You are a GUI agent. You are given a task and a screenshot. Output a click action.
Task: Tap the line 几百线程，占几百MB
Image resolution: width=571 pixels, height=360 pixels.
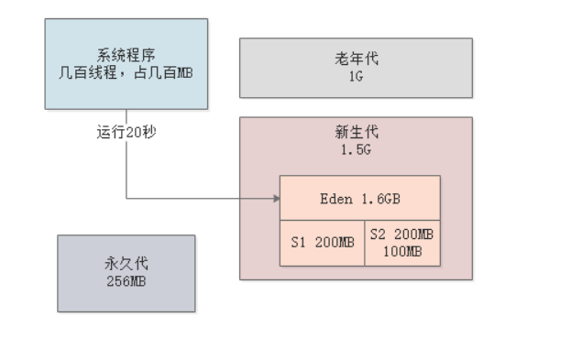coord(126,72)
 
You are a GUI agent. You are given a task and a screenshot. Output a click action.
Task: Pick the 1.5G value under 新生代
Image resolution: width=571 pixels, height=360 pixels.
coord(356,148)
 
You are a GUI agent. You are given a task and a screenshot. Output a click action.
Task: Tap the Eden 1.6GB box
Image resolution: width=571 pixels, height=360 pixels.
coord(360,198)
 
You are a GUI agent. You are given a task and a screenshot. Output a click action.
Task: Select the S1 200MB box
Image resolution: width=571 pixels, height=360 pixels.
coord(322,243)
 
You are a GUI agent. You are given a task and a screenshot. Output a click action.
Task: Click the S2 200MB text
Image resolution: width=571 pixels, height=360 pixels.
coord(402,235)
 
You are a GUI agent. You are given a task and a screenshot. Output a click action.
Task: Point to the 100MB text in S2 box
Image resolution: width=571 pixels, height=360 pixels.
coord(402,250)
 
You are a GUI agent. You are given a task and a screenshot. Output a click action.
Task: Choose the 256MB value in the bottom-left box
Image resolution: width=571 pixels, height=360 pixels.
coord(126,280)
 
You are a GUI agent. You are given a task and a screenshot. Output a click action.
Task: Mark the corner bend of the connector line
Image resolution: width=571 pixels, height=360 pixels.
coord(126,198)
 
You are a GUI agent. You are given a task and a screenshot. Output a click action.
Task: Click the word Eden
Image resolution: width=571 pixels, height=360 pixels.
coord(335,198)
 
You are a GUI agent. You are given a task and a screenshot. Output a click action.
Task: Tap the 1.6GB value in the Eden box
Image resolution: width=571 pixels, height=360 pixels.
coord(379,198)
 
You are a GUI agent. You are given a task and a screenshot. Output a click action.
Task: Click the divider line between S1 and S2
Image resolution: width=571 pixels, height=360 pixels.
coord(364,243)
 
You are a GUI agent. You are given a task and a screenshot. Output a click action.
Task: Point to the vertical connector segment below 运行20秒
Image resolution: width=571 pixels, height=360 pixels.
coord(126,169)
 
